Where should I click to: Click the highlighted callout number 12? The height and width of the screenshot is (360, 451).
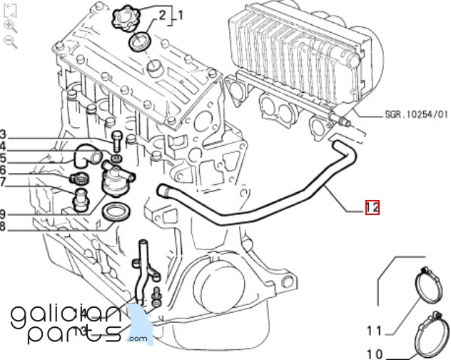373,207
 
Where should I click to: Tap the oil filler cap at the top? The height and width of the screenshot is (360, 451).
126,18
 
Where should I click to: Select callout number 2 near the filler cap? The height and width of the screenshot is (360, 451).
162,15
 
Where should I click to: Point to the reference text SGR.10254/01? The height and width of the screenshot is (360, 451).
417,114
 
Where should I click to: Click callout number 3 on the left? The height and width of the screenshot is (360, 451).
3,134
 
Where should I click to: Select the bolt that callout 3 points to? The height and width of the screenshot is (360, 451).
117,141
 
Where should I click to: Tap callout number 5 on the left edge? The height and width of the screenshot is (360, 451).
3,158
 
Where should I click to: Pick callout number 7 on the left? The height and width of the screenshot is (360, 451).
3,182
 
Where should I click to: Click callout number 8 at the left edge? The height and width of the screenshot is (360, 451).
3,226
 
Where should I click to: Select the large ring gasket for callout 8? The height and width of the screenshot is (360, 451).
116,212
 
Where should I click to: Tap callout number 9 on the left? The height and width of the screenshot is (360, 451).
3,214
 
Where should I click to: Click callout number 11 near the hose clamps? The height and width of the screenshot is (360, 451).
374,331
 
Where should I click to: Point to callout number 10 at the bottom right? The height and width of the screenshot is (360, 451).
375,354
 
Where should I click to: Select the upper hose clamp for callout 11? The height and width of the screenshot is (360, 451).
429,286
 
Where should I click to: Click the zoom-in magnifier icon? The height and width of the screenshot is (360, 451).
11,26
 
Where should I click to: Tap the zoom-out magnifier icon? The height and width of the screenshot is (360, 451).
11,42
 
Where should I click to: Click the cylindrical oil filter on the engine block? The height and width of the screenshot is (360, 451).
218,284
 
